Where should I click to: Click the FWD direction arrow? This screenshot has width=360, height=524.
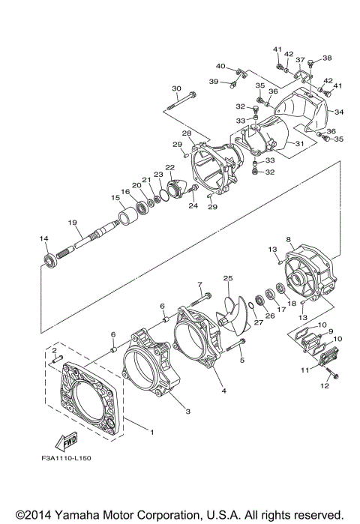[x=66, y=442]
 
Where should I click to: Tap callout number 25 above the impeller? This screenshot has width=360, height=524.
[x=228, y=278]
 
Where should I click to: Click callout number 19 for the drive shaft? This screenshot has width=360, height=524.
[x=73, y=223]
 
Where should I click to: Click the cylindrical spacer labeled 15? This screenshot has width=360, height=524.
[x=128, y=217]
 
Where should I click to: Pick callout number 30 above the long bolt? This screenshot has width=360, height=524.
[x=176, y=88]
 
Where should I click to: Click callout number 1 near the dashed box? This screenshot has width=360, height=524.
[x=152, y=433]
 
